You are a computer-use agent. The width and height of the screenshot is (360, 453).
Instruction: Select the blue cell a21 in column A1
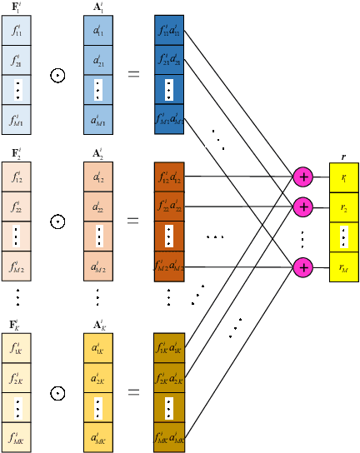click(98, 62)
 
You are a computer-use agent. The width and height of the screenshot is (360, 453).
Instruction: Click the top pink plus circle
click(302, 177)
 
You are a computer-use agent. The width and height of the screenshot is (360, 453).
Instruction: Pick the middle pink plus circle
click(302, 205)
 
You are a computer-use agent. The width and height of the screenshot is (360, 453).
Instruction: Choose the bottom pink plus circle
click(302, 266)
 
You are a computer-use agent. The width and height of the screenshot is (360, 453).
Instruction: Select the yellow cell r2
click(344, 207)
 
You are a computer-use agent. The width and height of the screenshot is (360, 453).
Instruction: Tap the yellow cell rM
click(344, 267)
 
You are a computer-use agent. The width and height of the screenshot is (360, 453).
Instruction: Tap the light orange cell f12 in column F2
click(18, 177)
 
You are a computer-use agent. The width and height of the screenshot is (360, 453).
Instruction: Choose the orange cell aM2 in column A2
click(98, 267)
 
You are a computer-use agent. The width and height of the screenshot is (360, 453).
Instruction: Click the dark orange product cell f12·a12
click(169, 177)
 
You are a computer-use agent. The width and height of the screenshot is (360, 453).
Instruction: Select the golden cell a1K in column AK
click(98, 348)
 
